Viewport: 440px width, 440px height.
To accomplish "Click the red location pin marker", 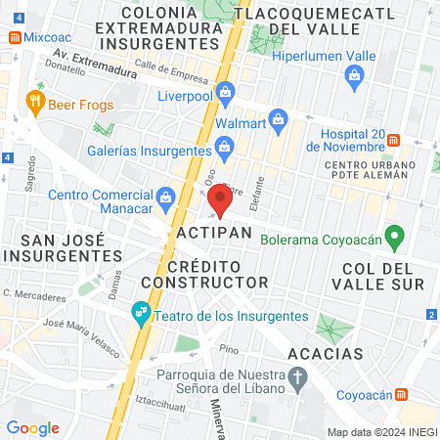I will click(x=219, y=201).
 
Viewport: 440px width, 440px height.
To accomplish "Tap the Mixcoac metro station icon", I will click(x=15, y=37).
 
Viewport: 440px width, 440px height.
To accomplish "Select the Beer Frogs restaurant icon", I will click(x=35, y=100).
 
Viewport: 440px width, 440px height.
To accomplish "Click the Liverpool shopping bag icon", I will click(x=225, y=92).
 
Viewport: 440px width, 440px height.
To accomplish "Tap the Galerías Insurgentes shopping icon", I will click(x=225, y=147).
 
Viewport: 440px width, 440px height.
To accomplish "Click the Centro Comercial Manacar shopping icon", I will click(x=165, y=198).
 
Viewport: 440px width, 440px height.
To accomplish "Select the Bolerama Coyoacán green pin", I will click(x=395, y=236).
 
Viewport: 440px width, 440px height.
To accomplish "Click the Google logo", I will click(x=32, y=428).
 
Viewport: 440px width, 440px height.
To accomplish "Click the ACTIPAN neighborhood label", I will click(x=215, y=234).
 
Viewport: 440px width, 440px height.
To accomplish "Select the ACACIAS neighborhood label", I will click(x=325, y=353).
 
